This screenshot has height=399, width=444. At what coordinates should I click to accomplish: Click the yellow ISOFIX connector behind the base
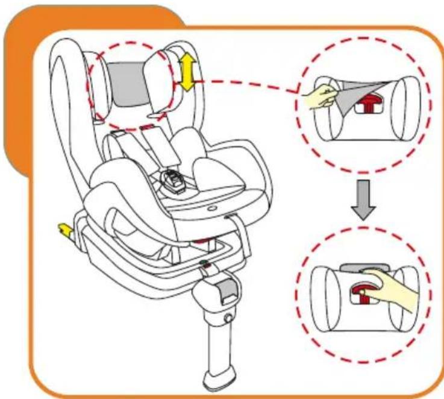click(x=63, y=229)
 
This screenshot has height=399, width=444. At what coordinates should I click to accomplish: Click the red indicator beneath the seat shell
click(x=199, y=241)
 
